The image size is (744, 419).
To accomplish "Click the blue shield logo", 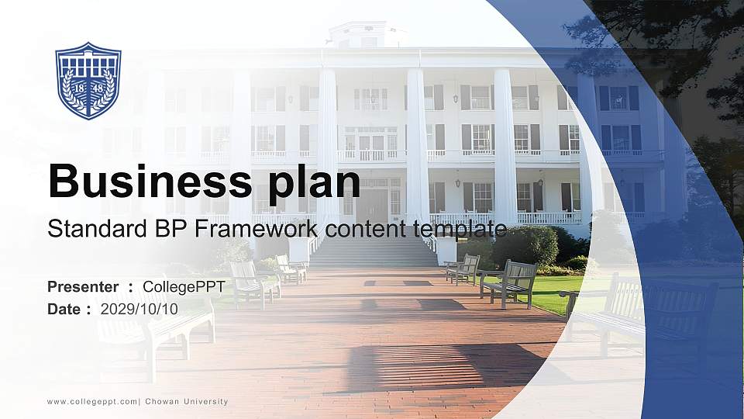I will tap(88, 81).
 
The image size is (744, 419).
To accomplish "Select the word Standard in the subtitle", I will tap(87, 229).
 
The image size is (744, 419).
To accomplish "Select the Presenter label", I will tap(83, 287).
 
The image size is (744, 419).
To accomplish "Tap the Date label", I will tap(64, 309).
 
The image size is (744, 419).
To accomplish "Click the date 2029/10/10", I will tap(139, 309).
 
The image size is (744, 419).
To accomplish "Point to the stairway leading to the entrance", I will tap(372, 252).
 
